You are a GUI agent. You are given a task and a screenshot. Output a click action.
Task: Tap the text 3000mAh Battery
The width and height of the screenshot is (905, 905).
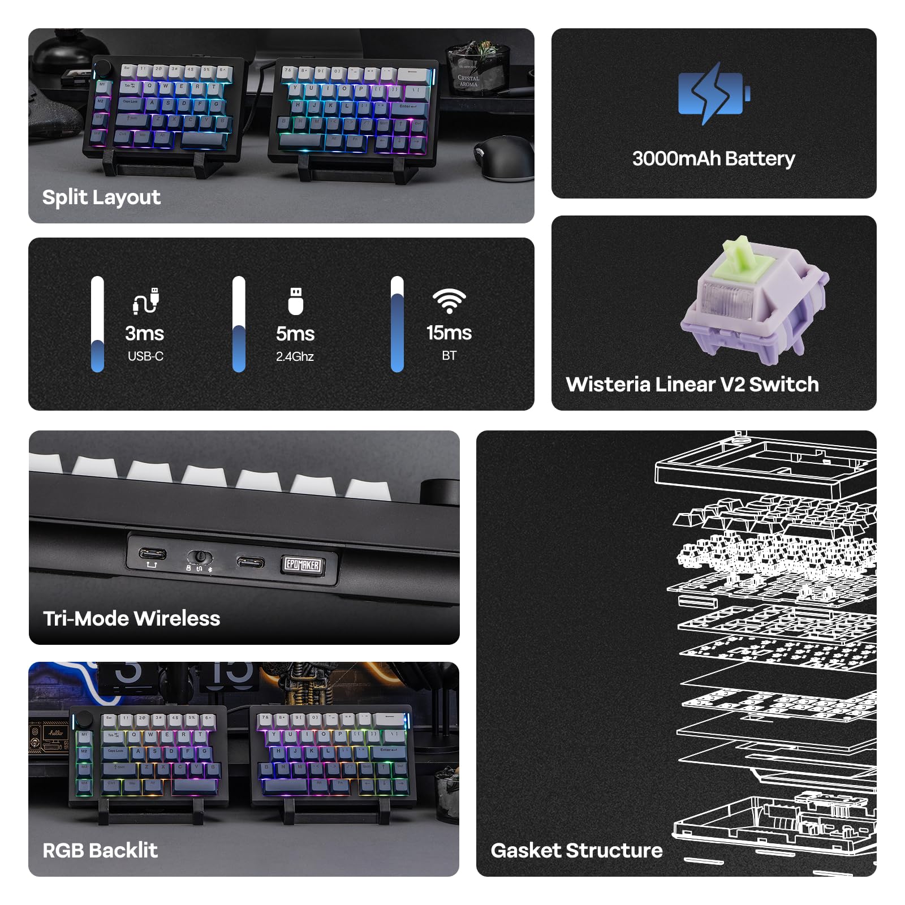(x=713, y=158)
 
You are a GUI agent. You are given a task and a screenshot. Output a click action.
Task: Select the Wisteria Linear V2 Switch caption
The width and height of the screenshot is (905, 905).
(x=692, y=384)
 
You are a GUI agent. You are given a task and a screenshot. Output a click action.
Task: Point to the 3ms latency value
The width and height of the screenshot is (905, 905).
(x=145, y=333)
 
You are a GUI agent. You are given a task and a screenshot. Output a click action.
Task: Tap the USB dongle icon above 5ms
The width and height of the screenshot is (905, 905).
(x=295, y=301)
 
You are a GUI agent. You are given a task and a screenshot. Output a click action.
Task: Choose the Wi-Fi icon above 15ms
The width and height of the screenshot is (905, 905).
(x=449, y=301)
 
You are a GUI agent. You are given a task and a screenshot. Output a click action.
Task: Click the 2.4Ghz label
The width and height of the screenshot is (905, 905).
(x=295, y=356)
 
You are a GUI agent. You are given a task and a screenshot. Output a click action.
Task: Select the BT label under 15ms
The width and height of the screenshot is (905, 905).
(x=449, y=356)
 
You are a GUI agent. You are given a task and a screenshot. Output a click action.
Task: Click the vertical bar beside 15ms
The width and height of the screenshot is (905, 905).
(x=397, y=324)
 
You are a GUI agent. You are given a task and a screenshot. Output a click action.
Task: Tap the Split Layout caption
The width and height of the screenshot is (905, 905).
(x=101, y=197)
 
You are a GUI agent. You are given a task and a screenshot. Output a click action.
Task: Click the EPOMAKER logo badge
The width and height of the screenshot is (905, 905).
(x=303, y=564)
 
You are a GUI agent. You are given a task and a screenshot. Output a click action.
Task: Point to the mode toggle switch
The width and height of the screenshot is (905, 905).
(x=200, y=557)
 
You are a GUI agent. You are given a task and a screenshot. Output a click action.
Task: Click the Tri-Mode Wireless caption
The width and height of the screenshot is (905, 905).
(x=131, y=618)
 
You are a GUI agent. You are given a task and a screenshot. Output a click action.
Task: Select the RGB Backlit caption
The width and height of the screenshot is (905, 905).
(x=100, y=850)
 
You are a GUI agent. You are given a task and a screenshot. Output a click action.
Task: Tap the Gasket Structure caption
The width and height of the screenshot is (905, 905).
(x=576, y=850)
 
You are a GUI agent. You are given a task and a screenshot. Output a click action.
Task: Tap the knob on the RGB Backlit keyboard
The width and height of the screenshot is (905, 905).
(x=84, y=718)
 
